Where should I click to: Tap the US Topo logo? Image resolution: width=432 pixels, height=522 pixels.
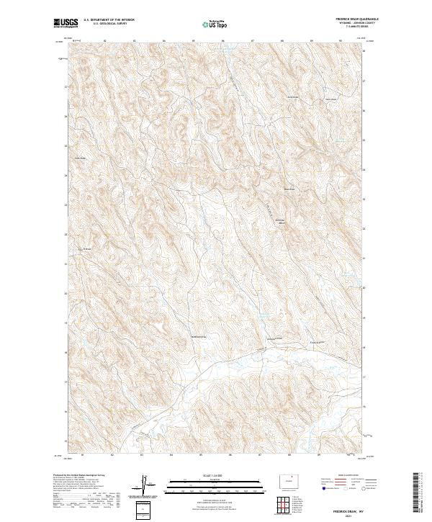pyautogui.click(x=210, y=24)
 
